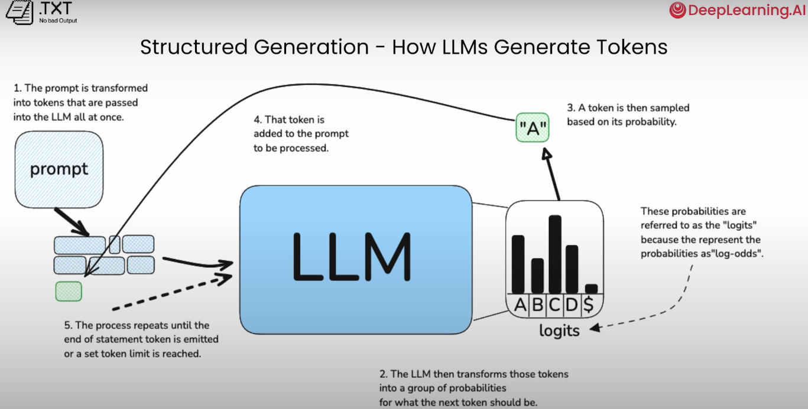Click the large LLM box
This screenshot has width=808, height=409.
355,259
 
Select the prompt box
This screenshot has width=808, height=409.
59,169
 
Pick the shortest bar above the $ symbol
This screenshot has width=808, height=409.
591,288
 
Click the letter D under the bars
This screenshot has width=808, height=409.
572,305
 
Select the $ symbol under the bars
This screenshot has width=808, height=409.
589,305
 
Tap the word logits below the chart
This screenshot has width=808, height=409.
559,331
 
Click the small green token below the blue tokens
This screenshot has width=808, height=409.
69,291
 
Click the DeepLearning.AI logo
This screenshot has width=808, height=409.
737,11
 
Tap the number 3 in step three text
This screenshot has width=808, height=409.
570,108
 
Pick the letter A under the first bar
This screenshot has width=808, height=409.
520,305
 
